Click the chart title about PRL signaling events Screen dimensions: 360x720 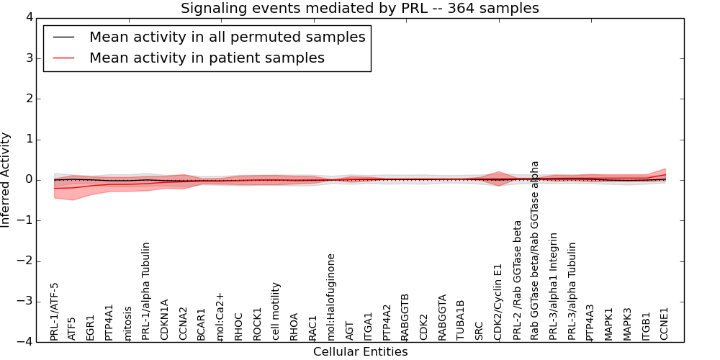[359, 8]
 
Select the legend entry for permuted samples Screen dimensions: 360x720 [227, 37]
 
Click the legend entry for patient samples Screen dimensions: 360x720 [207, 58]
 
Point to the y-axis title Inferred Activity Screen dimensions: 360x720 [6, 179]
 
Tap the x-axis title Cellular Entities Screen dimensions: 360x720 [360, 352]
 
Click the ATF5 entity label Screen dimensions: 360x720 [72, 328]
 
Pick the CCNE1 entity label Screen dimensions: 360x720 [665, 324]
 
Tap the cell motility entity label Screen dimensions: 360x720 [276, 311]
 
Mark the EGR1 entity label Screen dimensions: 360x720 [91, 327]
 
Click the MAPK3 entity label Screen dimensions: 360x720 [628, 323]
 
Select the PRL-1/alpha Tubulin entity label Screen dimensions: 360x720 [146, 291]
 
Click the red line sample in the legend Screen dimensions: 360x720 [63, 58]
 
